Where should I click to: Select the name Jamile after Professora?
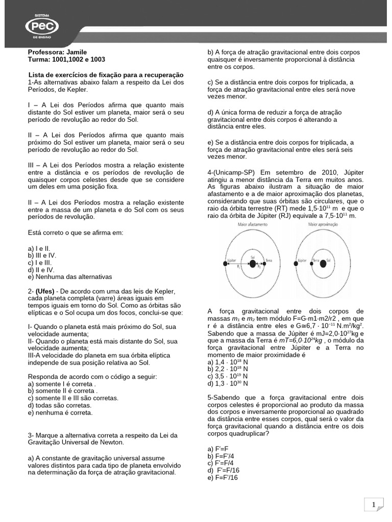click(x=76, y=53)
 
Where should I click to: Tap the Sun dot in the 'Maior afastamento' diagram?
click(x=252, y=264)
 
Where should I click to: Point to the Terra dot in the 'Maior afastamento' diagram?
click(x=265, y=264)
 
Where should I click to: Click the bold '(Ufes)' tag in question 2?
click(x=46, y=291)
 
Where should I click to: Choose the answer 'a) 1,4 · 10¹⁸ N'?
click(x=228, y=361)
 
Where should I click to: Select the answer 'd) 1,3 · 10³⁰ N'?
click(x=228, y=383)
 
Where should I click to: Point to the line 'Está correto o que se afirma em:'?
click(x=76, y=232)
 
